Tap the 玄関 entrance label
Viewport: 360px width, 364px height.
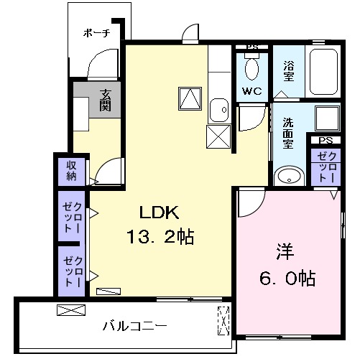coord(106,99)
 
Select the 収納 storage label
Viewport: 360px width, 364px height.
coord(72,171)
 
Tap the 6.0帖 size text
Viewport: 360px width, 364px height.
coord(286,277)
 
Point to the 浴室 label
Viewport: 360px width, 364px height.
coord(288,70)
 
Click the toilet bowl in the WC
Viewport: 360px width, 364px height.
coord(251,69)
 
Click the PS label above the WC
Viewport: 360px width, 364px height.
coord(251,48)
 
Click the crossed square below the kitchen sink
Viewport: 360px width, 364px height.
coord(218,136)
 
